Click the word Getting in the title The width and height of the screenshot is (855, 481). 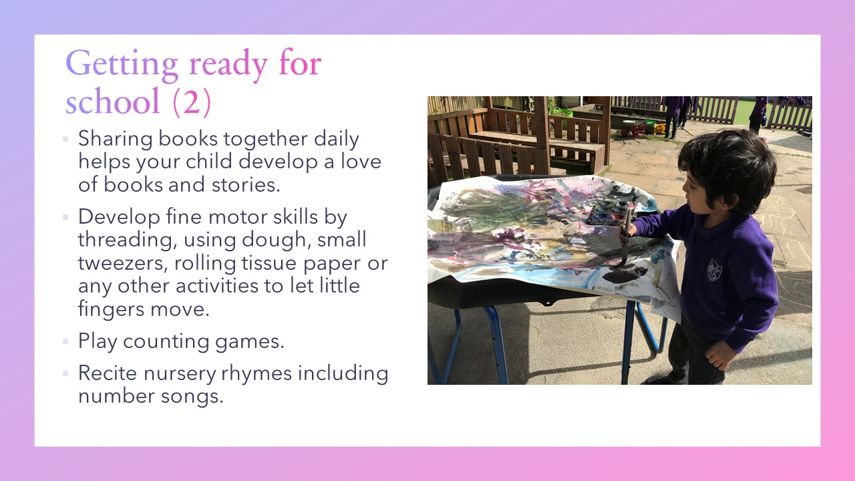pyautogui.click(x=122, y=64)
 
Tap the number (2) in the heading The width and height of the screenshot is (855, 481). pyautogui.click(x=192, y=102)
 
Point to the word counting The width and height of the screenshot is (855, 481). pyautogui.click(x=166, y=341)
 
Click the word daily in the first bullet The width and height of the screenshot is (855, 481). pyautogui.click(x=337, y=139)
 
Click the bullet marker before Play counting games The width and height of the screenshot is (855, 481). pyautogui.click(x=65, y=341)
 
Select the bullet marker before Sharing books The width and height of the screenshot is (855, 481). pyautogui.click(x=65, y=139)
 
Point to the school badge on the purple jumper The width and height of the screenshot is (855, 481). pyautogui.click(x=714, y=269)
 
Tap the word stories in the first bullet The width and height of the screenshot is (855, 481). pyautogui.click(x=246, y=185)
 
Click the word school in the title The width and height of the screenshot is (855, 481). pyautogui.click(x=112, y=102)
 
